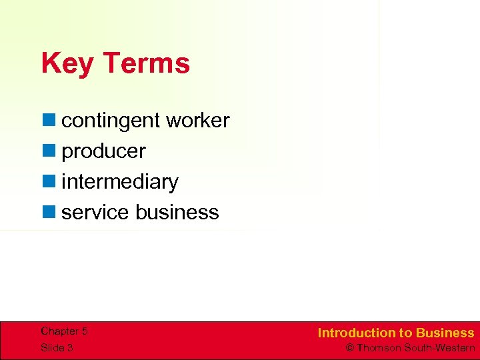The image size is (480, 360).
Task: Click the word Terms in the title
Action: [x=146, y=64]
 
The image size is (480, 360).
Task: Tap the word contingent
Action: [x=111, y=121]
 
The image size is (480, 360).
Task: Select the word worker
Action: [x=197, y=121]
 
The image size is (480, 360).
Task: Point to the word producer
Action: [x=103, y=151]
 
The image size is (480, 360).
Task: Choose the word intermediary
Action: [x=120, y=182]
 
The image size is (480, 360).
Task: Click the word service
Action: [x=95, y=212]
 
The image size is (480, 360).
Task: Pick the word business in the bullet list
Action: [x=177, y=212]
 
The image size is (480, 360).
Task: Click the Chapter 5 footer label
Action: [x=64, y=331]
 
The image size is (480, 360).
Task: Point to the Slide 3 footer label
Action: [x=57, y=348]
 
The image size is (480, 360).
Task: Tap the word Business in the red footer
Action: [x=445, y=333]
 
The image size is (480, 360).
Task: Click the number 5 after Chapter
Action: [x=84, y=331]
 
